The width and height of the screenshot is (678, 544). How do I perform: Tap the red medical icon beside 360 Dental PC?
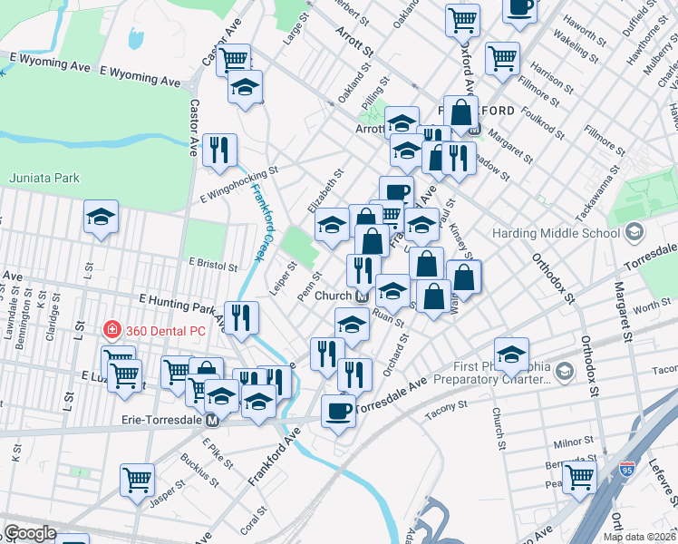coord(112,330)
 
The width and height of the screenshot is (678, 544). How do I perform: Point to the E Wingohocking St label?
coord(238,181)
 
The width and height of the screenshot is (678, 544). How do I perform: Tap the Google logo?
coord(30,532)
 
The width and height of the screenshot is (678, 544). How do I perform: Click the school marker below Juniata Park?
coord(102,218)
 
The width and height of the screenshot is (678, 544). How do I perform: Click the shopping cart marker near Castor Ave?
coord(235,60)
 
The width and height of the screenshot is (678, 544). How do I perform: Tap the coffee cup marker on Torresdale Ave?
coord(339,411)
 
